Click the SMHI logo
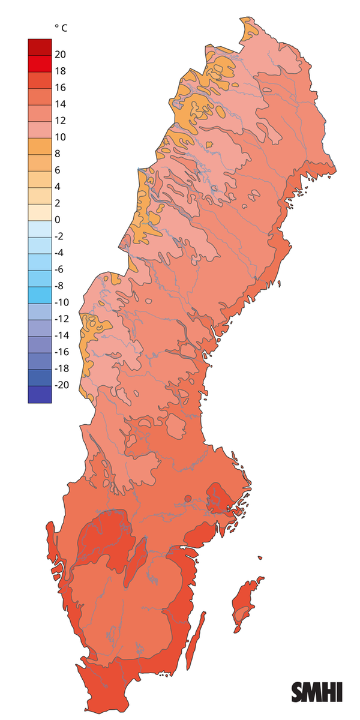click(316, 692)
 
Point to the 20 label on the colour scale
click(60, 55)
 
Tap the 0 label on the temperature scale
click(58, 220)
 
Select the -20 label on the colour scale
click(62, 385)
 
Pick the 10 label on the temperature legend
click(60, 137)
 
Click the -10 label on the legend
click(62, 302)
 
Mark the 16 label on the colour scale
click(60, 88)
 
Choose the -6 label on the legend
click(60, 269)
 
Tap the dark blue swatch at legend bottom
click(40, 394)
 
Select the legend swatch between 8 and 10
click(40, 146)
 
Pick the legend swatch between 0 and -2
click(40, 229)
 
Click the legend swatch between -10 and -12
click(40, 311)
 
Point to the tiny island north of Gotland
click(260, 558)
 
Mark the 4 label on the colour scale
click(58, 187)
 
